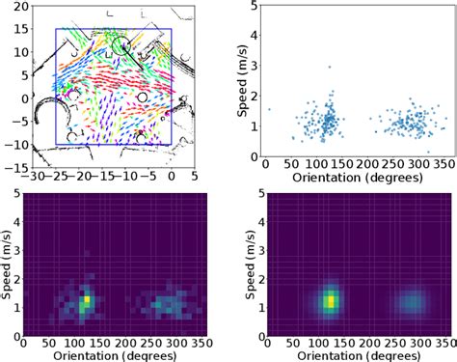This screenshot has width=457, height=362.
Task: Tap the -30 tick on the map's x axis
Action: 32,178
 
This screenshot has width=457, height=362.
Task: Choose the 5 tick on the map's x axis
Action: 195,178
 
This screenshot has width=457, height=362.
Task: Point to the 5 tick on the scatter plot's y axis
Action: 253,6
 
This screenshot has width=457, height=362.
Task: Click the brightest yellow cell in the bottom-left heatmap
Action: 86,301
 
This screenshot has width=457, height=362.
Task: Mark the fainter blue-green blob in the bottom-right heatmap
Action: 412,302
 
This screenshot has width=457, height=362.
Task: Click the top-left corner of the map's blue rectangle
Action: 56,29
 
